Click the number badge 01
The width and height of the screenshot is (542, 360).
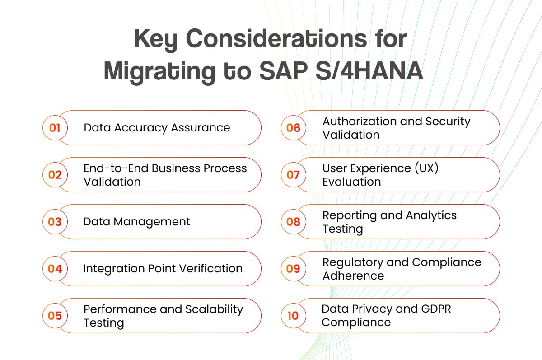click(55, 128)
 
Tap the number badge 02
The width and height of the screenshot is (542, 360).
click(55, 175)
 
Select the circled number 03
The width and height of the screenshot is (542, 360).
click(55, 222)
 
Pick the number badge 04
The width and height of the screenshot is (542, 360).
click(55, 269)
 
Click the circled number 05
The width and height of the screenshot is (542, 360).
click(55, 315)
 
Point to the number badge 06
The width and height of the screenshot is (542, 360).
click(293, 128)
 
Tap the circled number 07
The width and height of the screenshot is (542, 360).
click(293, 175)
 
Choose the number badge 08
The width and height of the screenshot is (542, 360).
click(293, 222)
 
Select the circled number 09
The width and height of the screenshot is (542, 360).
click(293, 269)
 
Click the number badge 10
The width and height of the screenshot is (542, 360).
click(293, 315)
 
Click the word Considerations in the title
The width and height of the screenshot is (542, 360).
click(276, 40)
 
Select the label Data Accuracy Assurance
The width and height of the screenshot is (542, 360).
click(157, 128)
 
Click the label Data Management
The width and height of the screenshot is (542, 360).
click(136, 222)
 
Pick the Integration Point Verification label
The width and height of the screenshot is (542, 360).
click(163, 269)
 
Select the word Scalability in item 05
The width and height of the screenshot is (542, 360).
click(214, 309)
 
